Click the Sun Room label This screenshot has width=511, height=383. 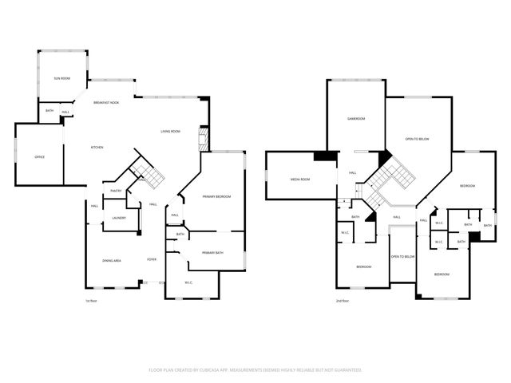coord(61,78)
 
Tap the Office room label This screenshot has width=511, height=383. coord(39,156)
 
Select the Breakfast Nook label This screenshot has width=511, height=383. coord(106,103)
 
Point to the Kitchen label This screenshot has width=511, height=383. coord(97,148)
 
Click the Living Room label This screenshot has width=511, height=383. coord(170,131)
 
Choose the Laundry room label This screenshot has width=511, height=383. coord(118,217)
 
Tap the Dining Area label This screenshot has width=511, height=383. coord(111,261)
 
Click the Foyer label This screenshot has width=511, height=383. coord(151,260)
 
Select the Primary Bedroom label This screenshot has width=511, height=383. coord(216,196)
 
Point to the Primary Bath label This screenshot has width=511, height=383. coord(213,252)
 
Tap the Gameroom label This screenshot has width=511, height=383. coord(355,119)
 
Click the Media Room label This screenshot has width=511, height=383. coord(299,180)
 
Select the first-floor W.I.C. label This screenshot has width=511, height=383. coord(189,282)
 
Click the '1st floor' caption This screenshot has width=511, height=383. coord(90,301)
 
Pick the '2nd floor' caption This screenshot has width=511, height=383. coord(344,301)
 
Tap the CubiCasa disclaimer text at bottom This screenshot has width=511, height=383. coord(255,370)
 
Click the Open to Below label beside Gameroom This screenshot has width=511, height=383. coord(417,139)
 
